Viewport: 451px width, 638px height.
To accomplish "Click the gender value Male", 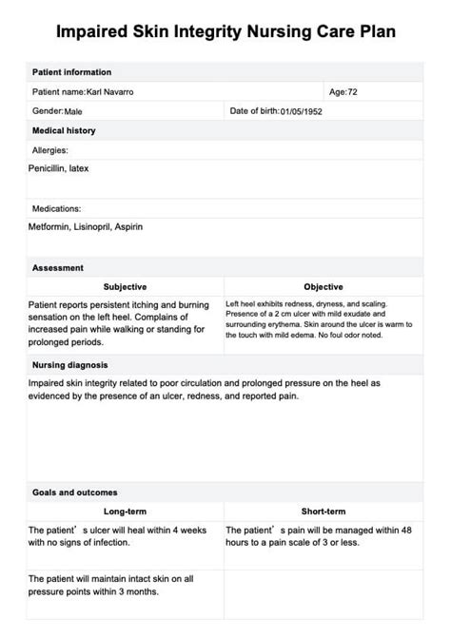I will coord(74,111).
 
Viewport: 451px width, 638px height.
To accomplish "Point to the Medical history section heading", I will coord(64,130).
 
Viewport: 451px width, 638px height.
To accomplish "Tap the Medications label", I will coord(57,208).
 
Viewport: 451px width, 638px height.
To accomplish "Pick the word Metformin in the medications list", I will coord(49,227).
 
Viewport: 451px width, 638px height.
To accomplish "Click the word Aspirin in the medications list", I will coord(129,227).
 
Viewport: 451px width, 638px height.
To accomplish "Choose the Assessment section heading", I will coord(58,268).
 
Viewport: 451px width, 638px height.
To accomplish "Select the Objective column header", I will coord(324,286).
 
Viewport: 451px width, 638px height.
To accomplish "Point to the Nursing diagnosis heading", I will coord(70,364).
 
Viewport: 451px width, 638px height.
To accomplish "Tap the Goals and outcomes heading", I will coord(75,493).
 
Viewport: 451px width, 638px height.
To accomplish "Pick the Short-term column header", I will coord(324,511).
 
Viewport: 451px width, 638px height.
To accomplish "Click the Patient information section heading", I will coord(71,72).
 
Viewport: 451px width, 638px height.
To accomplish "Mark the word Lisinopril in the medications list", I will coord(91,227).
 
